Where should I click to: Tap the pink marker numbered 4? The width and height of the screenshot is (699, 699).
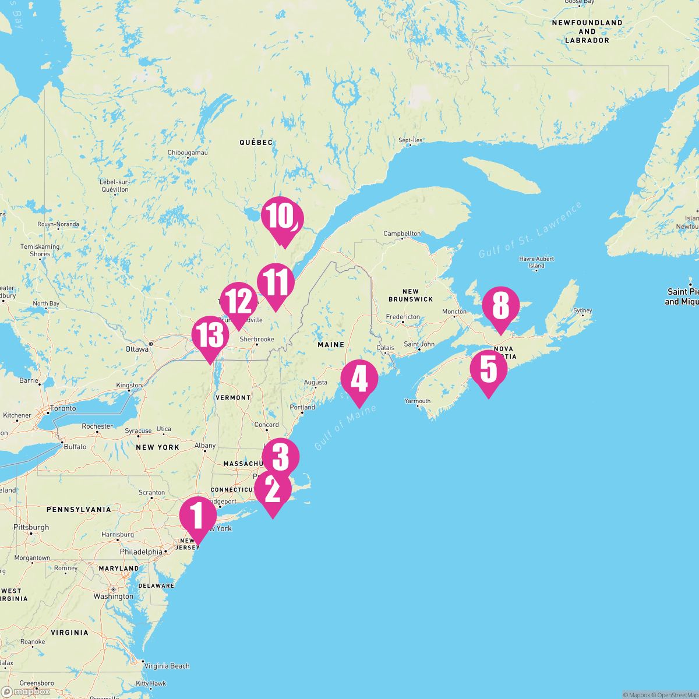point(359,380)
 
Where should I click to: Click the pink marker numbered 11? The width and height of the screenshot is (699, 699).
point(275,283)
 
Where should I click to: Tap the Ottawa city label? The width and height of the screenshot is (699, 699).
point(137,349)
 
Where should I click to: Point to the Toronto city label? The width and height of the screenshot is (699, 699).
point(63,408)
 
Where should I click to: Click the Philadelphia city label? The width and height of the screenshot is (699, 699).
point(141,552)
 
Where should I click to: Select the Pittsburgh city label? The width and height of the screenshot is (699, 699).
point(31,527)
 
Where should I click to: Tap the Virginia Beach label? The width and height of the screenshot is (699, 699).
point(167,666)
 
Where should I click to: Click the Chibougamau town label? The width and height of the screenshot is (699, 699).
point(188,153)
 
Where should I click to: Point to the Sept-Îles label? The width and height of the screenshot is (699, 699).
point(411,140)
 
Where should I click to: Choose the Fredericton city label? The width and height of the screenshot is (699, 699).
point(403,317)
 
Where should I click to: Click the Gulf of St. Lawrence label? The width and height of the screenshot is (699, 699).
point(531,231)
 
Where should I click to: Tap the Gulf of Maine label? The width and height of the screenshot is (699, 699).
point(345,428)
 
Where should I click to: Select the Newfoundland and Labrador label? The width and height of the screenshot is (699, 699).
point(587,31)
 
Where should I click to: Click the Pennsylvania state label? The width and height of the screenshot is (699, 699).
point(79,510)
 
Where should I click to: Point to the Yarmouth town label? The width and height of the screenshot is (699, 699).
point(418,401)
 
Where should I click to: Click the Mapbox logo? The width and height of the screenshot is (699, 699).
point(26,691)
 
